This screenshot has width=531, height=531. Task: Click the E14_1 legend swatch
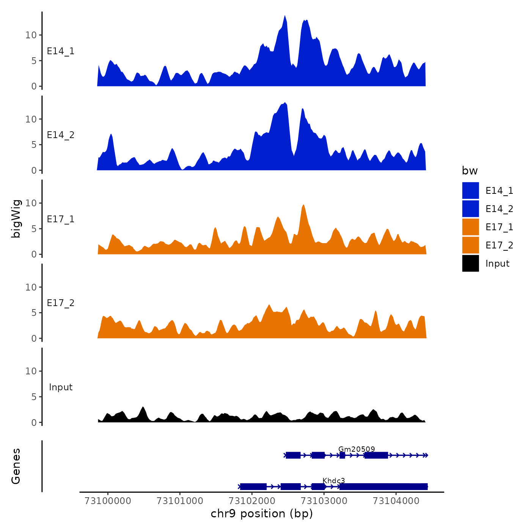click(x=470, y=190)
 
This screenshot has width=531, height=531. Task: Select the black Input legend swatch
click(x=470, y=263)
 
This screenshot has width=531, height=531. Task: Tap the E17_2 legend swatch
click(x=470, y=245)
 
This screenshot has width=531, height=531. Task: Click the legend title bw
click(x=470, y=171)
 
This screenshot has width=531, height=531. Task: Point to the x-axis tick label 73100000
click(x=108, y=501)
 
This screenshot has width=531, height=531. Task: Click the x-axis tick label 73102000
click(x=252, y=501)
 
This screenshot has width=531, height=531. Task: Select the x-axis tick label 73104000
click(x=396, y=501)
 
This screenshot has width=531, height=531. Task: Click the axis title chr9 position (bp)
click(x=262, y=514)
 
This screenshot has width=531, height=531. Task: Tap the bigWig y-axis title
click(x=16, y=218)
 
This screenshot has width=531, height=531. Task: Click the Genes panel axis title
click(x=16, y=466)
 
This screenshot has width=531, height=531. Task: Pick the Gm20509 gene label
click(x=357, y=449)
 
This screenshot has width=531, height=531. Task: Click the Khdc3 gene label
click(x=334, y=481)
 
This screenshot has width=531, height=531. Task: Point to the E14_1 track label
click(x=61, y=51)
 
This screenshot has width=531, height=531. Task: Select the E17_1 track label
click(x=61, y=219)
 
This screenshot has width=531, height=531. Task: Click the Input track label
click(x=61, y=387)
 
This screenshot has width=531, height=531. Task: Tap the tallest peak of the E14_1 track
click(x=285, y=17)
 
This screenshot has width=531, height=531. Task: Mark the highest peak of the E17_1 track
click(x=303, y=206)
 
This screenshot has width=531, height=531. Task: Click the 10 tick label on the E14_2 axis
click(x=31, y=119)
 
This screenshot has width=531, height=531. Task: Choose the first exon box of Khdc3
click(x=253, y=487)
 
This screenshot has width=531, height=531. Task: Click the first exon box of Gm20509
click(x=293, y=455)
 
